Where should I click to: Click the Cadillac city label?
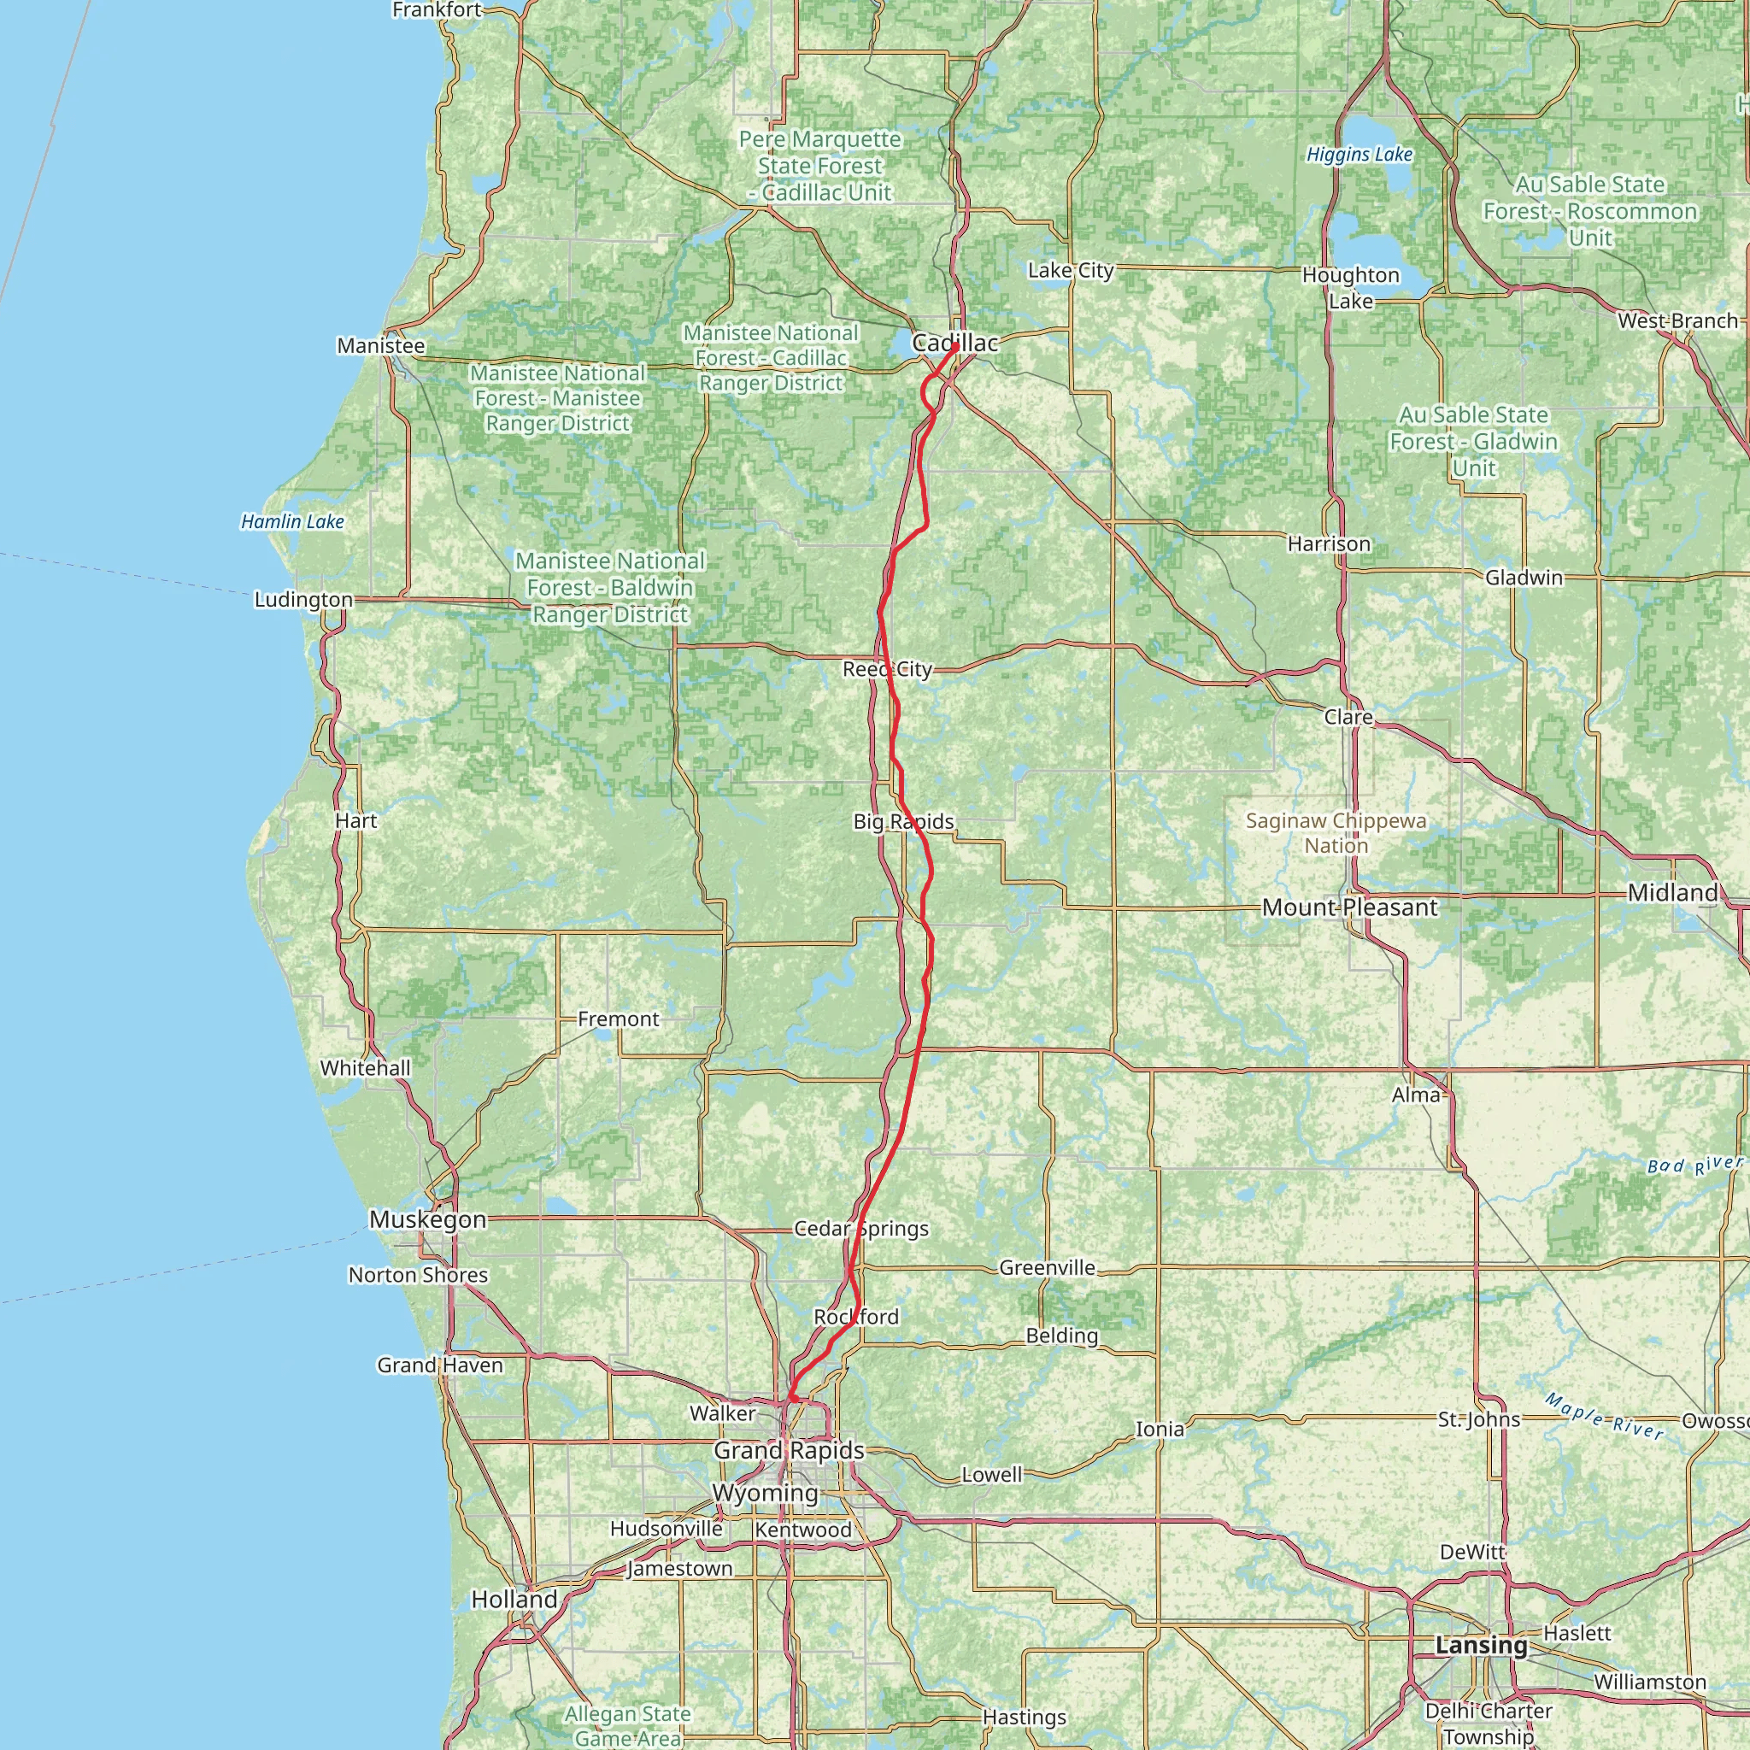click(x=954, y=344)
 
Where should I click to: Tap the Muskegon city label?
click(x=427, y=1220)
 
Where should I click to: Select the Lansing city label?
click(x=1481, y=1646)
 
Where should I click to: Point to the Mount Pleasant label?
click(x=1349, y=907)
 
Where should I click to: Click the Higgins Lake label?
click(x=1359, y=155)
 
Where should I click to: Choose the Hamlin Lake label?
click(x=292, y=522)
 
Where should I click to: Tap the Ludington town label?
click(x=303, y=600)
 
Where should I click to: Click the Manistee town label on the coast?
click(x=380, y=346)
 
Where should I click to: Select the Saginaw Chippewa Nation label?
click(x=1336, y=833)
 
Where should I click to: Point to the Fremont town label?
click(x=619, y=1019)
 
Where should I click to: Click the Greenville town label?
click(x=1047, y=1268)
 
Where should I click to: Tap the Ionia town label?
click(x=1160, y=1430)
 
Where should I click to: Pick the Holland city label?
click(x=514, y=1600)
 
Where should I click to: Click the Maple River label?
click(x=1604, y=1417)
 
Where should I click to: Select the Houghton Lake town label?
click(x=1351, y=288)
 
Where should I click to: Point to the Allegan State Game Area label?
click(x=628, y=1725)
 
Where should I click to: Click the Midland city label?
click(x=1672, y=893)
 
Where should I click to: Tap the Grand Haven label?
click(x=439, y=1365)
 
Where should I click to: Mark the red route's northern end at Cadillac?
click(x=955, y=345)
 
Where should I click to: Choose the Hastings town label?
click(x=1025, y=1717)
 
